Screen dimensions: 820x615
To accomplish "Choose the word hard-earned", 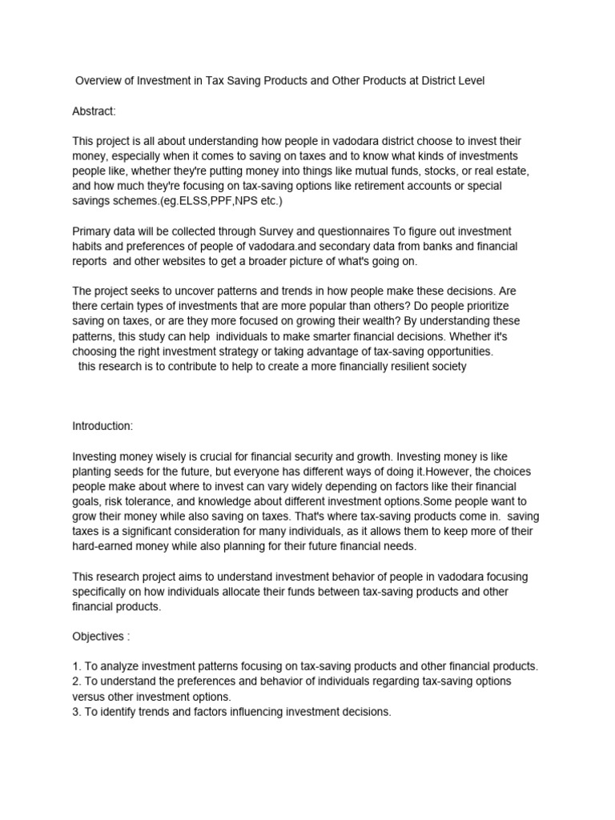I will tap(104, 546).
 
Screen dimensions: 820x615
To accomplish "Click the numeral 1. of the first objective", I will tap(77, 666).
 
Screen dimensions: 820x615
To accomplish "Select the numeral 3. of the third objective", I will tap(77, 711).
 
